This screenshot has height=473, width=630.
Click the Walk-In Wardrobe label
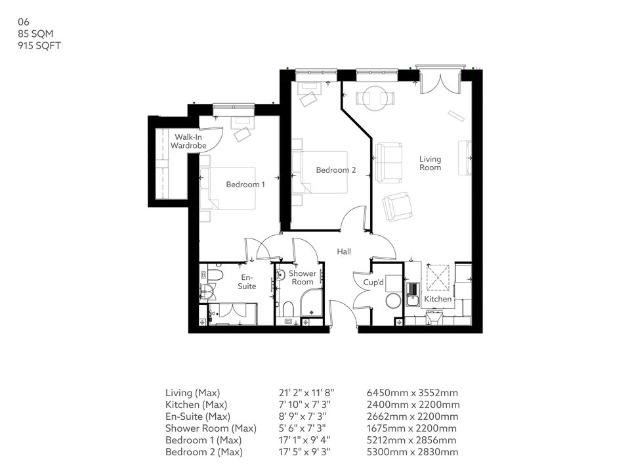(x=188, y=141)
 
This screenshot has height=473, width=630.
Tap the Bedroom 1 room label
(x=245, y=185)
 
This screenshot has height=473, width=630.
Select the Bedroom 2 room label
(x=335, y=170)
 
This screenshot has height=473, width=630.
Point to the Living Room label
(x=430, y=163)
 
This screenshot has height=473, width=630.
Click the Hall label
(x=344, y=252)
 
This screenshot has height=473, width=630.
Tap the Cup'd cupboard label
(x=373, y=282)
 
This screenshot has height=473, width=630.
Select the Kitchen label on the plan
(x=438, y=299)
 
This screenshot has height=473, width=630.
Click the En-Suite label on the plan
(x=247, y=282)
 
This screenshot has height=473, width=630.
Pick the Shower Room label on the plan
(x=303, y=278)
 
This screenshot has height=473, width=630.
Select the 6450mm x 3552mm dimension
(x=412, y=393)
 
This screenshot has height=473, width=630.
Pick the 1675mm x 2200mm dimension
(x=412, y=428)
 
